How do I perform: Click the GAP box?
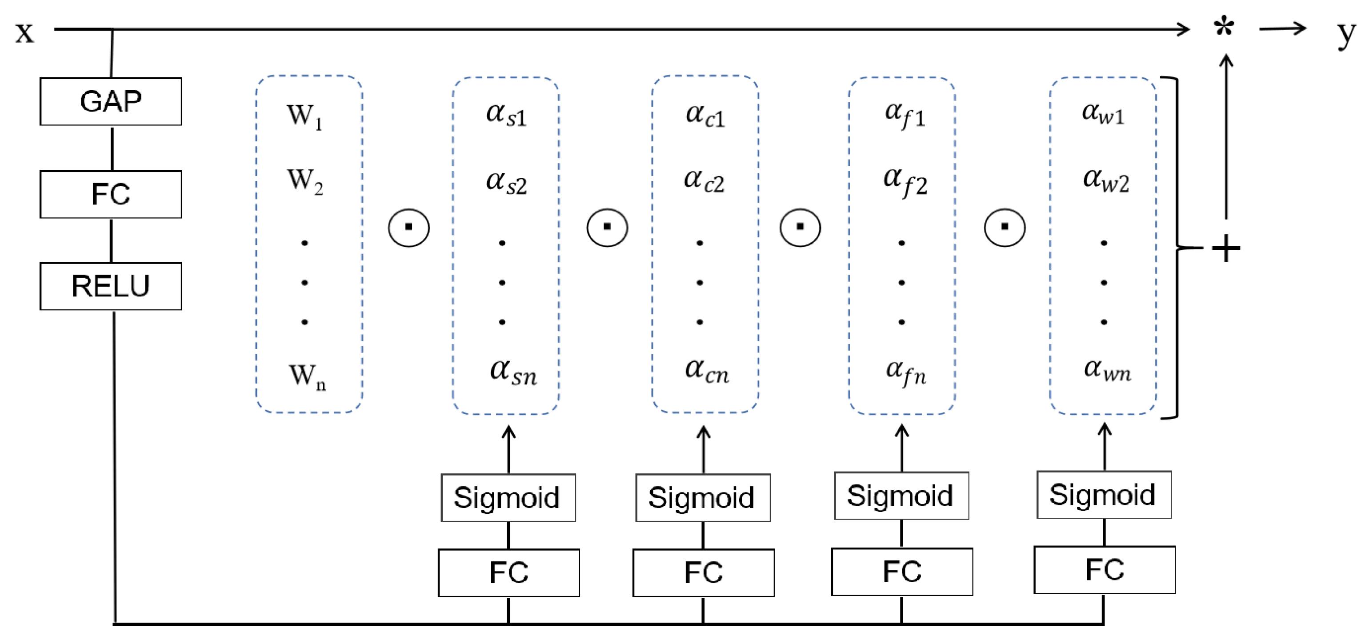[111, 101]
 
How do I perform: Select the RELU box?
[111, 286]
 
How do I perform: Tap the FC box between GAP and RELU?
[111, 194]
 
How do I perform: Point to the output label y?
[1345, 33]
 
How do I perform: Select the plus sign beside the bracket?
[1225, 248]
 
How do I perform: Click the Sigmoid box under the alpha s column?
[508, 497]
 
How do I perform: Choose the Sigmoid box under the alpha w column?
[1104, 495]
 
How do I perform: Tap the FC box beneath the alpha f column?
[902, 572]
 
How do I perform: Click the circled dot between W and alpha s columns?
[408, 227]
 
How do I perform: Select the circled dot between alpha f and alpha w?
[1005, 227]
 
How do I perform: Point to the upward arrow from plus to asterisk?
[1225, 138]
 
